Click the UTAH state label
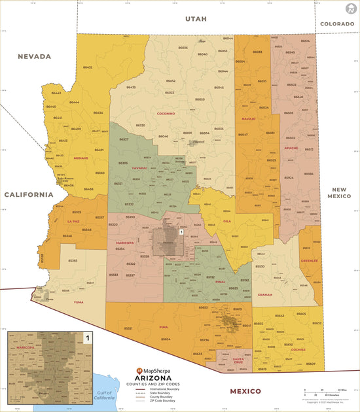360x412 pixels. coord(195,19)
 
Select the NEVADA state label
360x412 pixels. coord(34,56)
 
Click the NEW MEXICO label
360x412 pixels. coord(340,192)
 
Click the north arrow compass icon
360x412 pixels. coord(350,9)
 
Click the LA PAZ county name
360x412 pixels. coord(73,222)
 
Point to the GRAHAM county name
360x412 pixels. coord(265,294)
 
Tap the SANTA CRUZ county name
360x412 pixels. coord(238,361)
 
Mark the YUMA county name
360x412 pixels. coord(79,302)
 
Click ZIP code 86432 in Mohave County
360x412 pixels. coord(87,67)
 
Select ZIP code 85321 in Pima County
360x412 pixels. coord(129,328)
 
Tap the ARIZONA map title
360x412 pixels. coord(153,378)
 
